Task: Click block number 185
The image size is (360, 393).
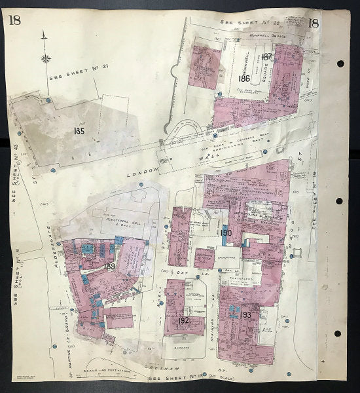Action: tap(80, 130)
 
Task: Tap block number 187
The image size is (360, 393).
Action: tap(266, 57)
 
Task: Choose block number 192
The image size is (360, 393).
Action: tap(183, 320)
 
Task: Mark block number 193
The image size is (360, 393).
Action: tap(246, 315)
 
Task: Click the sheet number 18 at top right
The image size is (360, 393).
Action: tap(314, 24)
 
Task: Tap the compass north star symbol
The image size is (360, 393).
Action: tap(46, 58)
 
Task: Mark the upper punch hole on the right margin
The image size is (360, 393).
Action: tap(340, 64)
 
